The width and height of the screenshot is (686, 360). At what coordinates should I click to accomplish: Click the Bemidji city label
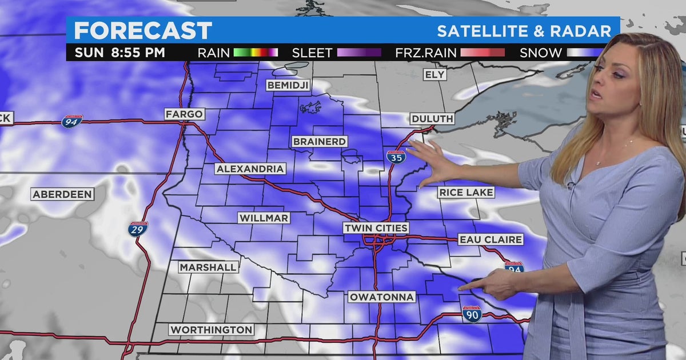click(x=288, y=85)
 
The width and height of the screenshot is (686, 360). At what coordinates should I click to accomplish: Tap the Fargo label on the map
click(x=184, y=114)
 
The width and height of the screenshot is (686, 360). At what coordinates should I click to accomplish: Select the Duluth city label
click(x=432, y=119)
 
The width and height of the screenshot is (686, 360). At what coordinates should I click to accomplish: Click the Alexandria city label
click(x=250, y=169)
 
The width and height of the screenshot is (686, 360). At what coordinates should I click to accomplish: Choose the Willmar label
click(x=264, y=218)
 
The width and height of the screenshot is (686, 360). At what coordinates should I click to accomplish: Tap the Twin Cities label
click(x=376, y=228)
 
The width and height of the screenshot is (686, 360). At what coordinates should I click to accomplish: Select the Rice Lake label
click(x=466, y=193)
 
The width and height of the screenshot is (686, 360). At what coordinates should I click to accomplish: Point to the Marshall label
click(x=208, y=267)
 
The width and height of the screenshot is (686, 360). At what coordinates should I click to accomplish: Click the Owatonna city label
click(x=381, y=298)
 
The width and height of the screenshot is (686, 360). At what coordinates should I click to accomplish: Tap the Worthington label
click(x=211, y=330)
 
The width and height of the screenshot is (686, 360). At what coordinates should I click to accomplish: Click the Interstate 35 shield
click(x=396, y=157)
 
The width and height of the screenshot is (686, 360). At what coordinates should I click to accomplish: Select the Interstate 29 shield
click(x=137, y=229)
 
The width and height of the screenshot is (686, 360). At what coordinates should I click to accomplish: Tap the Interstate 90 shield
click(x=472, y=313)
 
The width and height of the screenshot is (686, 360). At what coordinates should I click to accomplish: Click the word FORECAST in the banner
click(x=143, y=31)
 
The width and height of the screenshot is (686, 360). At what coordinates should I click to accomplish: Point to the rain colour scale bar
click(x=256, y=53)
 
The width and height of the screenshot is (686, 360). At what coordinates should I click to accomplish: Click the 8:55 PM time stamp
click(x=137, y=53)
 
